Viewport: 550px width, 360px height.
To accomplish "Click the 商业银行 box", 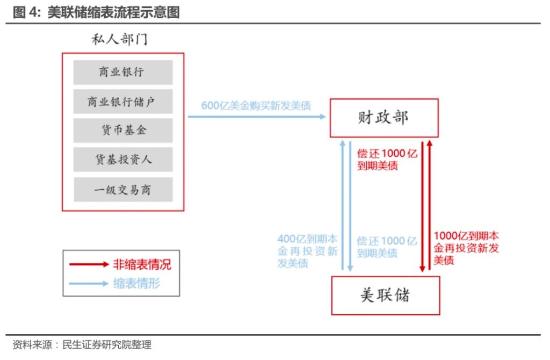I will coord(122,72).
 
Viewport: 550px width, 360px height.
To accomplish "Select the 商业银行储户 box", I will coord(122,102).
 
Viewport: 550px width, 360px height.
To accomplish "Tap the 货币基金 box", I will coord(122,131).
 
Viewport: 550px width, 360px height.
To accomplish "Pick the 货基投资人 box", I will coord(122,160).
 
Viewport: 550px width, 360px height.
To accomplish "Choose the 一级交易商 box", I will coord(122,190).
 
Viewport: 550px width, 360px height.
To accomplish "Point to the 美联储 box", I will coord(385,295).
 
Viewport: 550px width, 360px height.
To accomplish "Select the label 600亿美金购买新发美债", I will coord(256,105).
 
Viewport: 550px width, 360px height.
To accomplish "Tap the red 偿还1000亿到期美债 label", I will coord(387,160).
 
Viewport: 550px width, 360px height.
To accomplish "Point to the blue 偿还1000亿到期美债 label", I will coord(387,247).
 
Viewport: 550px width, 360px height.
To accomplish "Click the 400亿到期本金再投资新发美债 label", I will coord(308,251).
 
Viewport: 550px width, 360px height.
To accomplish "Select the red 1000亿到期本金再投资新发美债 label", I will coord(466,248).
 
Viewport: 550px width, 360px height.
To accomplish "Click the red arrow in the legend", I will coord(89,264).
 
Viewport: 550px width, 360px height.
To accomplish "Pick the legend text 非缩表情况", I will coord(142,264).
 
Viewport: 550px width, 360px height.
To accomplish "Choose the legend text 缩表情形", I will coord(136,283).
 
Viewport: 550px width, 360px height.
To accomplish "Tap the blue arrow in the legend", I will coord(89,283).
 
